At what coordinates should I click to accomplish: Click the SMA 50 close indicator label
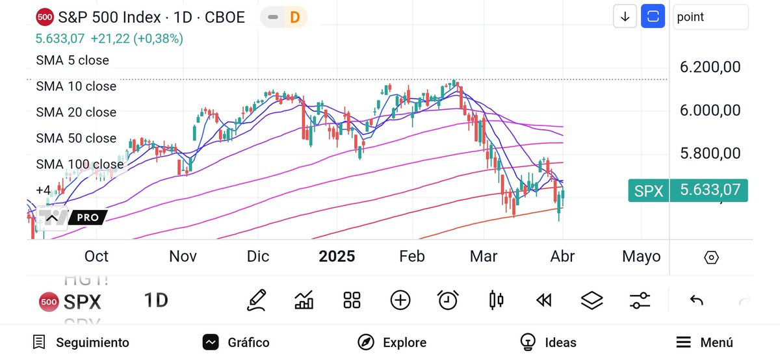(x=76, y=138)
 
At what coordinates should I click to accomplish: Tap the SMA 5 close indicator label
(x=72, y=60)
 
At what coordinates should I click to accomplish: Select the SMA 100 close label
(x=79, y=164)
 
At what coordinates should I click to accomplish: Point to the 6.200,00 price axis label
(x=710, y=67)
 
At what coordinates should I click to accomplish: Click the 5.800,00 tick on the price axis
(x=710, y=153)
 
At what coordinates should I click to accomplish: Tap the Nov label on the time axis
(x=183, y=256)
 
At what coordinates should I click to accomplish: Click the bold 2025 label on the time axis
(x=337, y=256)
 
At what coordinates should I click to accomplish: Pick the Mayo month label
(x=641, y=256)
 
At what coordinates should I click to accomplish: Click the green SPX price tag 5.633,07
(x=688, y=190)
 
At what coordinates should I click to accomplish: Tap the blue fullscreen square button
(x=653, y=17)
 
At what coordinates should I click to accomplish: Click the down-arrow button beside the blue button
(x=625, y=17)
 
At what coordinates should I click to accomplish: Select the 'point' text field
(x=710, y=17)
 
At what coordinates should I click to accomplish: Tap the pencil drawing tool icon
(x=256, y=300)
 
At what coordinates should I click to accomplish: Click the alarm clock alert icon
(x=447, y=300)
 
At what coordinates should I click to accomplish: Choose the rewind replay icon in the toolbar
(x=543, y=300)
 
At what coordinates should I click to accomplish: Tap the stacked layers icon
(x=591, y=300)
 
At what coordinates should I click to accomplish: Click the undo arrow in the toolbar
(x=696, y=300)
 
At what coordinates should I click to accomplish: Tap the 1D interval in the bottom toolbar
(x=156, y=300)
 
